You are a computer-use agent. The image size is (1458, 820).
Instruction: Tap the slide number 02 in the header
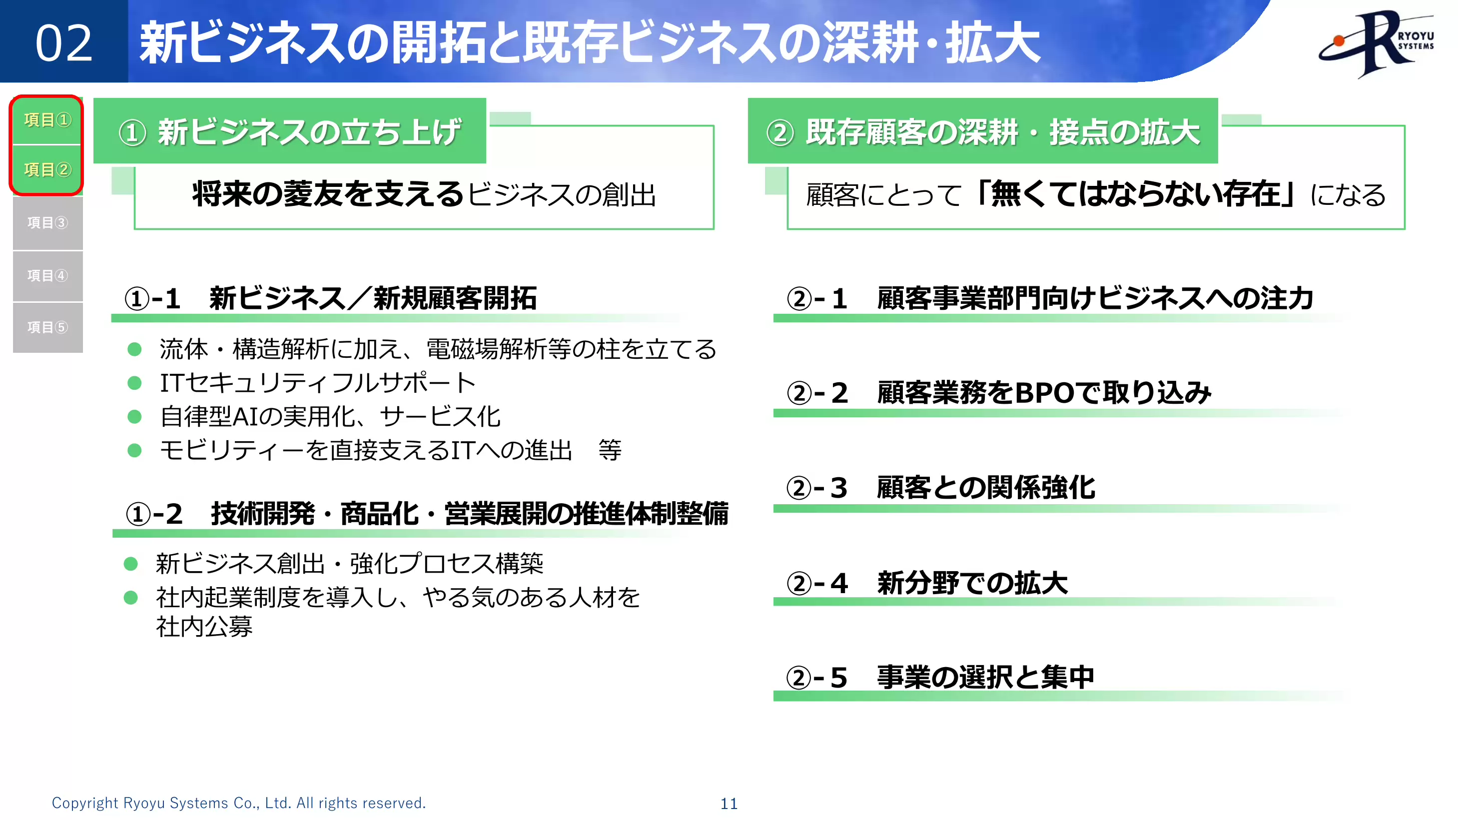(64, 43)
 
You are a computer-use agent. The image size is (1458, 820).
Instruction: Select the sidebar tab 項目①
(47, 120)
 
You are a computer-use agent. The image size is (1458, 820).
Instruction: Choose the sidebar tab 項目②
(47, 169)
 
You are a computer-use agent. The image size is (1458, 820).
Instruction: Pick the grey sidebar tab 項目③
(47, 222)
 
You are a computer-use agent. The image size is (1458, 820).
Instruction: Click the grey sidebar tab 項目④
(47, 276)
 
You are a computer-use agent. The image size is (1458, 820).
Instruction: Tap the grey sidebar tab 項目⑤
(47, 327)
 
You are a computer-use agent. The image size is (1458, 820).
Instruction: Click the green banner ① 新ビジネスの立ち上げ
(290, 132)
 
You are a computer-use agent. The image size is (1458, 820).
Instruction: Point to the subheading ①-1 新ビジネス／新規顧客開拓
(331, 298)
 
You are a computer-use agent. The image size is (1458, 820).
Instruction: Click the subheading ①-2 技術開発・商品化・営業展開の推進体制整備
(427, 514)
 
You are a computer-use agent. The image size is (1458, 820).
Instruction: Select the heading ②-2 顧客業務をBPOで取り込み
(999, 392)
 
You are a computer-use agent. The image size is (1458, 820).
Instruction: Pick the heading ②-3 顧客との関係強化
(941, 487)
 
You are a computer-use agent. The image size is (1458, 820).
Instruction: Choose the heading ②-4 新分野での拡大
(927, 582)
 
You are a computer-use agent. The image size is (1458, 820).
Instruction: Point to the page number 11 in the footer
(729, 804)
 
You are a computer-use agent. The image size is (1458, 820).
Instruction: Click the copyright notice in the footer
(238, 803)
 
